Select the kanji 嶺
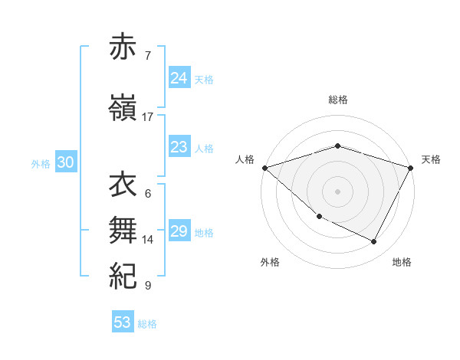click(x=123, y=108)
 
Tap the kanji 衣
click(x=123, y=185)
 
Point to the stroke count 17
click(x=148, y=117)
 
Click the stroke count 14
click(x=148, y=240)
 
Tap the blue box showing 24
click(x=179, y=78)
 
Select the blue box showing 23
click(x=179, y=148)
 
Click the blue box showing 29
click(x=179, y=231)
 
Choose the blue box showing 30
click(x=65, y=162)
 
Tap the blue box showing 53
click(x=122, y=322)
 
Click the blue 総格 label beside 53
click(x=147, y=324)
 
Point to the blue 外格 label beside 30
click(x=41, y=163)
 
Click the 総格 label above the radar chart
click(x=337, y=100)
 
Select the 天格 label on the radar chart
click(x=432, y=159)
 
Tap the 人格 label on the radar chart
click(x=245, y=159)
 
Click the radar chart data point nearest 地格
click(x=374, y=242)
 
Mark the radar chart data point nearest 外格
click(x=319, y=217)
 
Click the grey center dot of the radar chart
click(x=337, y=191)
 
